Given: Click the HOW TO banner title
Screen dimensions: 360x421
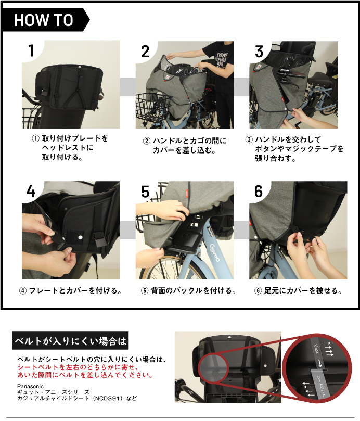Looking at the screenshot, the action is tap(44, 20).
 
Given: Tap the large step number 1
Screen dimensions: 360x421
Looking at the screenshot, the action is tap(31, 51).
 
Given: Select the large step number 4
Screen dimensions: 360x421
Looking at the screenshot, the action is tap(31, 191).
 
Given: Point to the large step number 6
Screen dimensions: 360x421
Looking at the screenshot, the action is tap(259, 191).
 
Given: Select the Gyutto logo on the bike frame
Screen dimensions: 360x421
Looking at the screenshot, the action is tap(215, 251).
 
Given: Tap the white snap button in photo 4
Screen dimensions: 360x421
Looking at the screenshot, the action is tap(80, 237).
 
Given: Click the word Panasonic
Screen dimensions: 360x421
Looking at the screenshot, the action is tap(30, 386).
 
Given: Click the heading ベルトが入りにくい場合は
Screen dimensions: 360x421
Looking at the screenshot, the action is tap(70, 341).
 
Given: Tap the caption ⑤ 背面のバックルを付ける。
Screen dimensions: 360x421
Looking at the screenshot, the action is tap(188, 290).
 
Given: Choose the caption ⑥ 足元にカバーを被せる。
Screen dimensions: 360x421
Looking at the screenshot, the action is tap(298, 290).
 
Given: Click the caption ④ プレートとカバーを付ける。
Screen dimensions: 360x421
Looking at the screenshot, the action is tap(70, 290).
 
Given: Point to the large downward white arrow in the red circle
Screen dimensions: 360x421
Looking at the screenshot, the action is tap(320, 363).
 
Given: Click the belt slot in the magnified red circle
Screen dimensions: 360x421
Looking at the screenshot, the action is tap(318, 370).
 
